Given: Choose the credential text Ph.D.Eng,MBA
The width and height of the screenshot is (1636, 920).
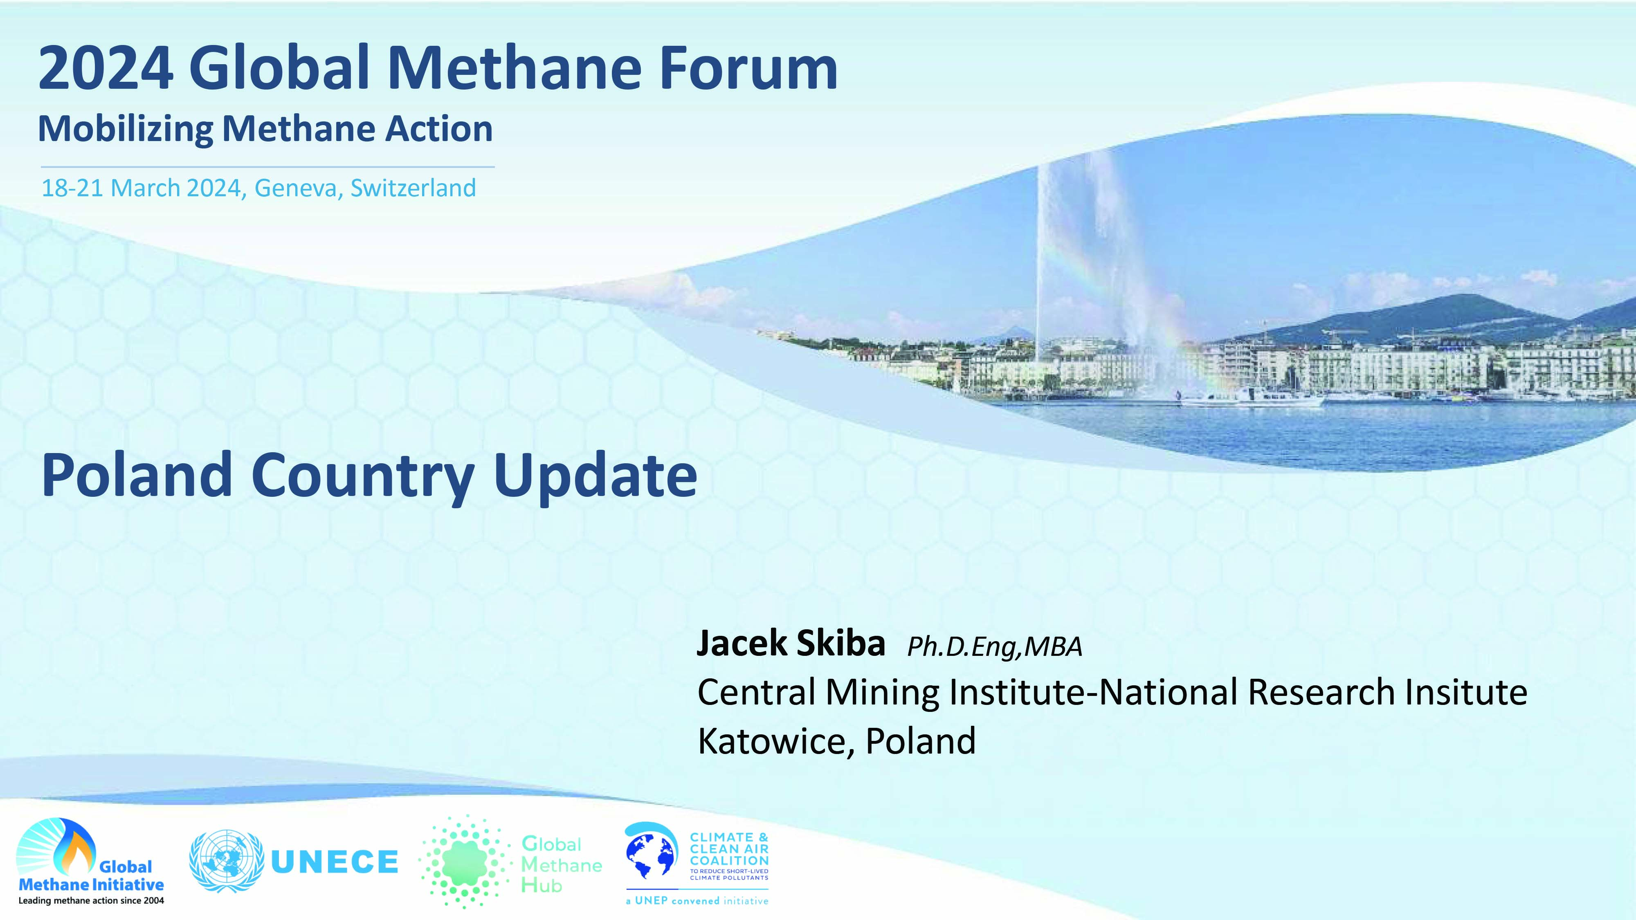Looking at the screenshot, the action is point(995,647).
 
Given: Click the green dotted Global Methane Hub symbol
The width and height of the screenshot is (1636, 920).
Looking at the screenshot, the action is point(465,862).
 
